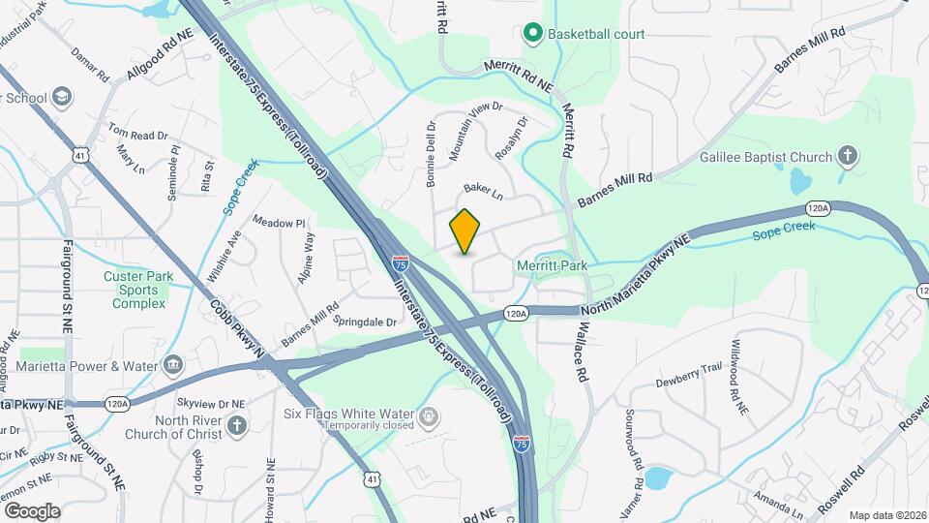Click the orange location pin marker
click(x=465, y=231)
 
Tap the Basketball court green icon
click(x=532, y=35)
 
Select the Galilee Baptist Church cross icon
click(x=847, y=158)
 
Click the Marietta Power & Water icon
click(x=173, y=365)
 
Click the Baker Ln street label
click(x=484, y=192)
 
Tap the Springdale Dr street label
click(x=365, y=320)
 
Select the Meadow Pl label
click(x=279, y=222)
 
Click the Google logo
click(x=32, y=511)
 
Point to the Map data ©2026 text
click(x=888, y=515)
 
